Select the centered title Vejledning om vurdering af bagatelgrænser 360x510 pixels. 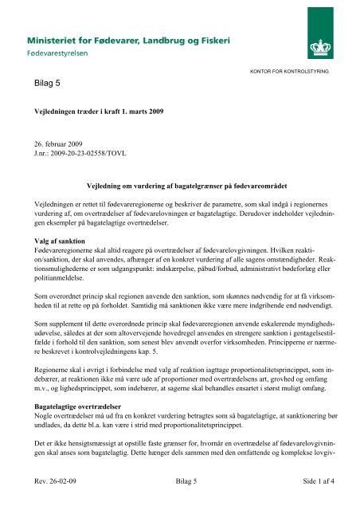[179, 184]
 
